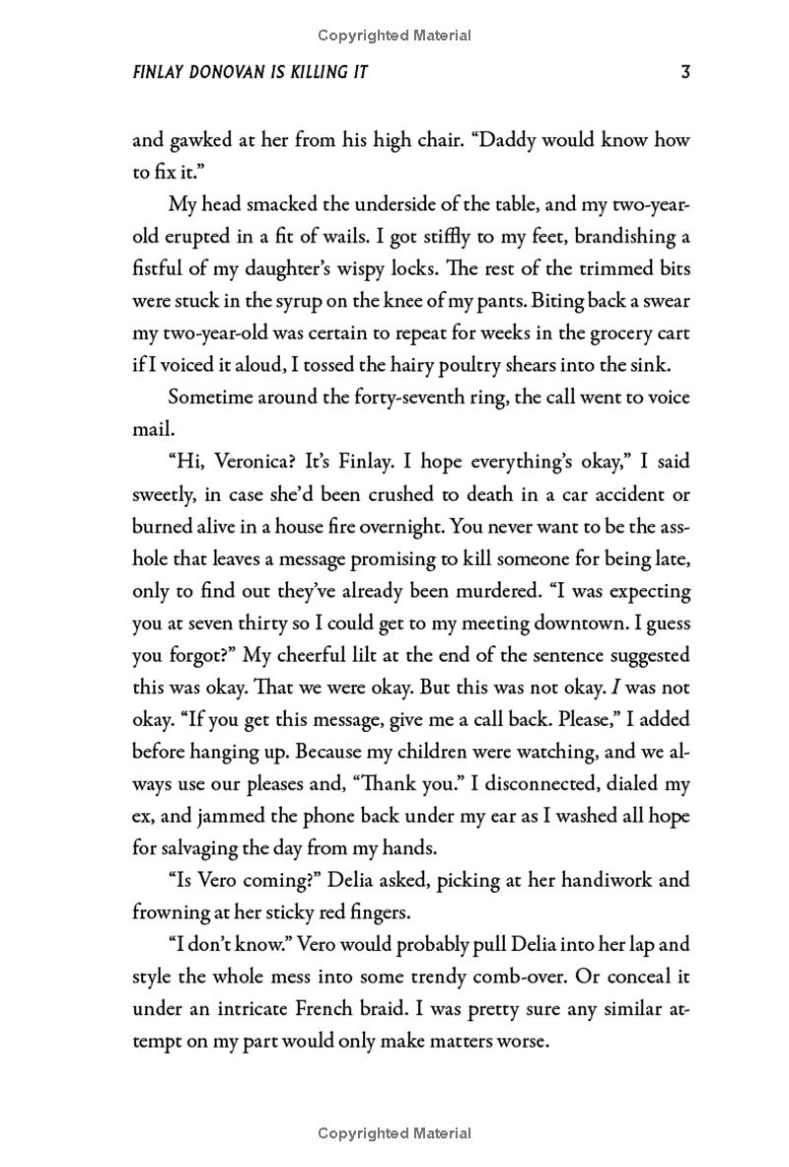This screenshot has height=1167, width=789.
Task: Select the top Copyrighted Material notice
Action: pos(394,36)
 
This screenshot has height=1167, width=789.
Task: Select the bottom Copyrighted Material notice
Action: pos(394,1133)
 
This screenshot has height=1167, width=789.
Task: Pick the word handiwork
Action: pos(592,880)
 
